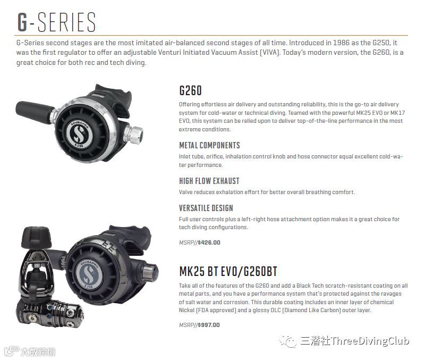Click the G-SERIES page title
pos(56,23)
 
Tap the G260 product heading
pos(190,90)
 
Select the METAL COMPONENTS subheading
pos(209,145)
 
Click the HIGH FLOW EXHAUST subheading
pos(209,181)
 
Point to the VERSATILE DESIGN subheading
pos(206,208)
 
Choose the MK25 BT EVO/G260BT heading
pos(228,272)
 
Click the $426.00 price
pos(208,242)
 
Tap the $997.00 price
pos(208,325)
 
